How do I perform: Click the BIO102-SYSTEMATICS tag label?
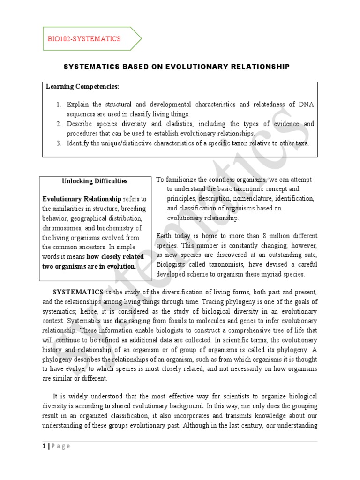[84, 39]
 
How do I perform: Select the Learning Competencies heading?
[82, 87]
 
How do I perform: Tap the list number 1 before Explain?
[59, 105]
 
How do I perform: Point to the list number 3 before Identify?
[59, 143]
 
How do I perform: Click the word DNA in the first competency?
[305, 105]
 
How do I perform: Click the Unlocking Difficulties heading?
[95, 181]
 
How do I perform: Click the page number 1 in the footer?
[43, 446]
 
